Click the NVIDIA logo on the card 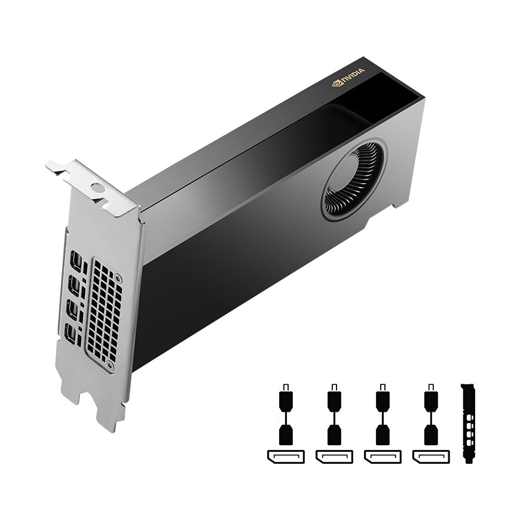point(348,77)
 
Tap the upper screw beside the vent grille point(117,277)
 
